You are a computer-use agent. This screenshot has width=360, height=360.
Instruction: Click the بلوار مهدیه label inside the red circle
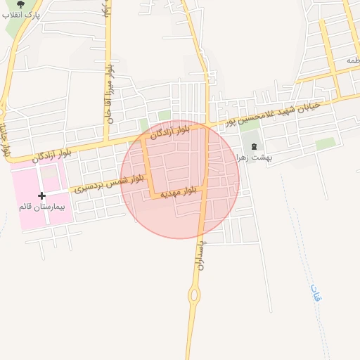[173, 191]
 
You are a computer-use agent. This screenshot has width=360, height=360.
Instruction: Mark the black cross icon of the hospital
[41, 196]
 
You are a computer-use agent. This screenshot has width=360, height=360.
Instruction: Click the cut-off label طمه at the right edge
[350, 61]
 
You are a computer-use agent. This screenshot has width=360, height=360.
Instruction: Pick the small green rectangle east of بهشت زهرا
[326, 143]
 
